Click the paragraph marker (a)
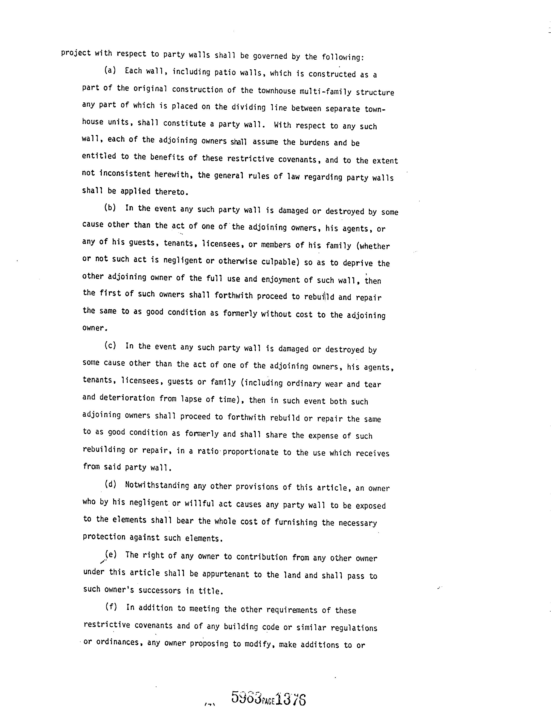110,70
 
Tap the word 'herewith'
172,175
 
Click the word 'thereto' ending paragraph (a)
171,192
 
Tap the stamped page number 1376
290,699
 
